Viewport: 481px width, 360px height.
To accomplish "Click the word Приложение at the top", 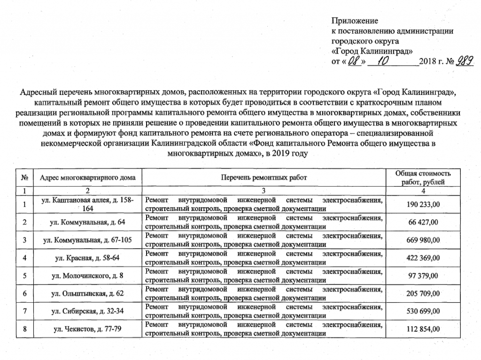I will (x=355, y=21).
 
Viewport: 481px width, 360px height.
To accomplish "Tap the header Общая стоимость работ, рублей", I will (x=423, y=178).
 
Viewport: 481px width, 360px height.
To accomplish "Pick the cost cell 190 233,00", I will (x=423, y=204).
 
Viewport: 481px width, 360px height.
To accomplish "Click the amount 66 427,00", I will (x=423, y=222).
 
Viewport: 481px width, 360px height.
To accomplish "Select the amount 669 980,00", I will (x=423, y=240).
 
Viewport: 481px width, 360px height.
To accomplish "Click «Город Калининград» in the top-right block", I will (x=372, y=51).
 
